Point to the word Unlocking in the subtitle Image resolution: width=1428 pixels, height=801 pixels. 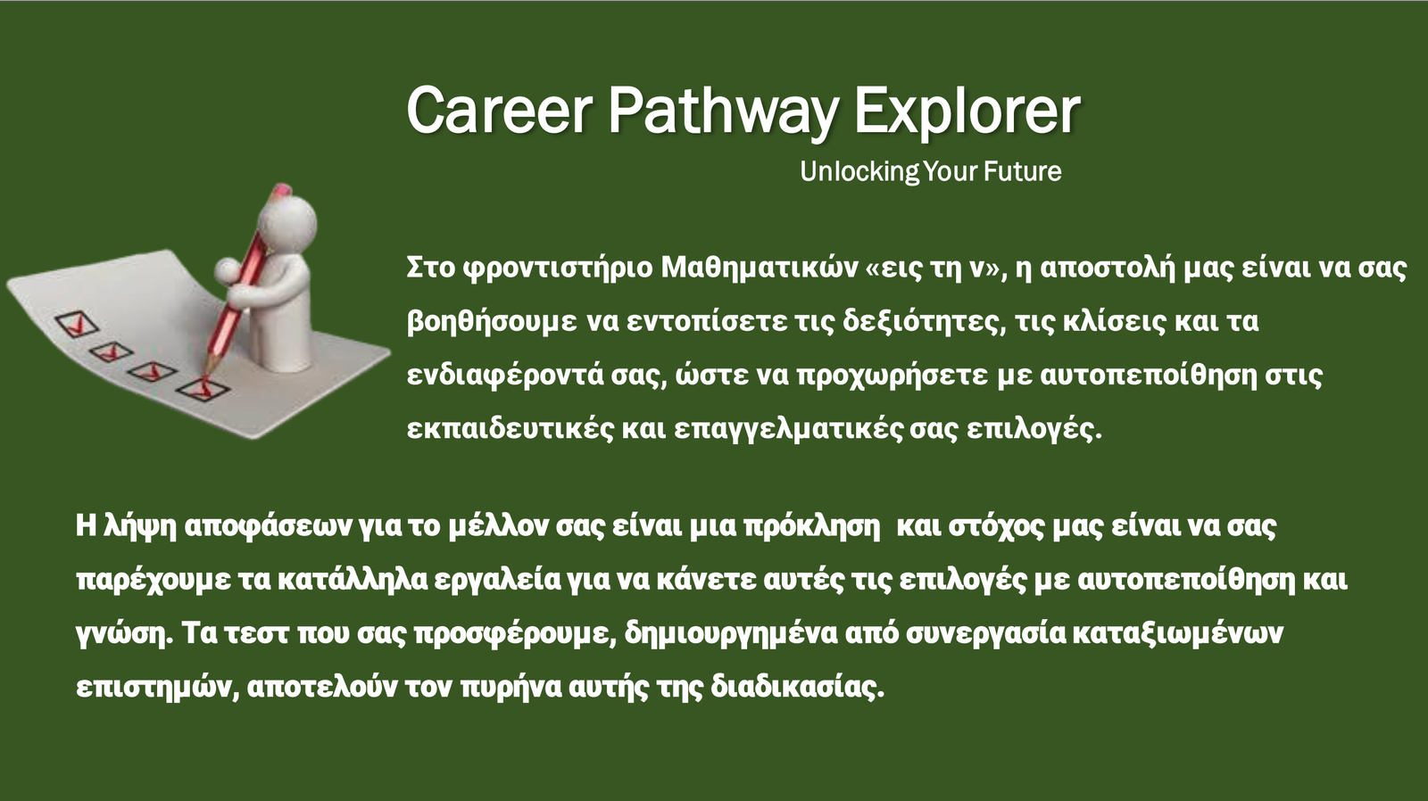coord(859,171)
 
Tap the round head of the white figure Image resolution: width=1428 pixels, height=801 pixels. coord(286,222)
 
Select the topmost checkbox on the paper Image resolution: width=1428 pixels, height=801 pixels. coord(77,324)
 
